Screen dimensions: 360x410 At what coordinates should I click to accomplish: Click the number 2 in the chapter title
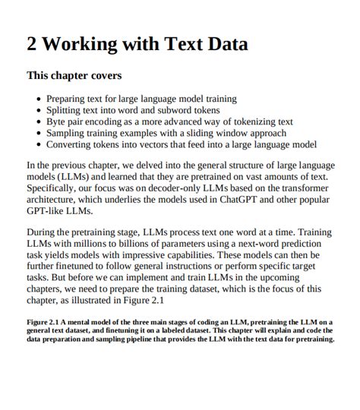[x=33, y=44]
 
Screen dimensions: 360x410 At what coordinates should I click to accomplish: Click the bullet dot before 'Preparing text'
[x=39, y=99]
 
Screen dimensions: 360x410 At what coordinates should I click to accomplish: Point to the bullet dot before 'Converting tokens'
[x=39, y=144]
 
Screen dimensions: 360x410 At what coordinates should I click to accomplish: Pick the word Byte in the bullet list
[x=58, y=121]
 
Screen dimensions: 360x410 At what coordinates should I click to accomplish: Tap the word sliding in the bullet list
[x=206, y=133]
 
